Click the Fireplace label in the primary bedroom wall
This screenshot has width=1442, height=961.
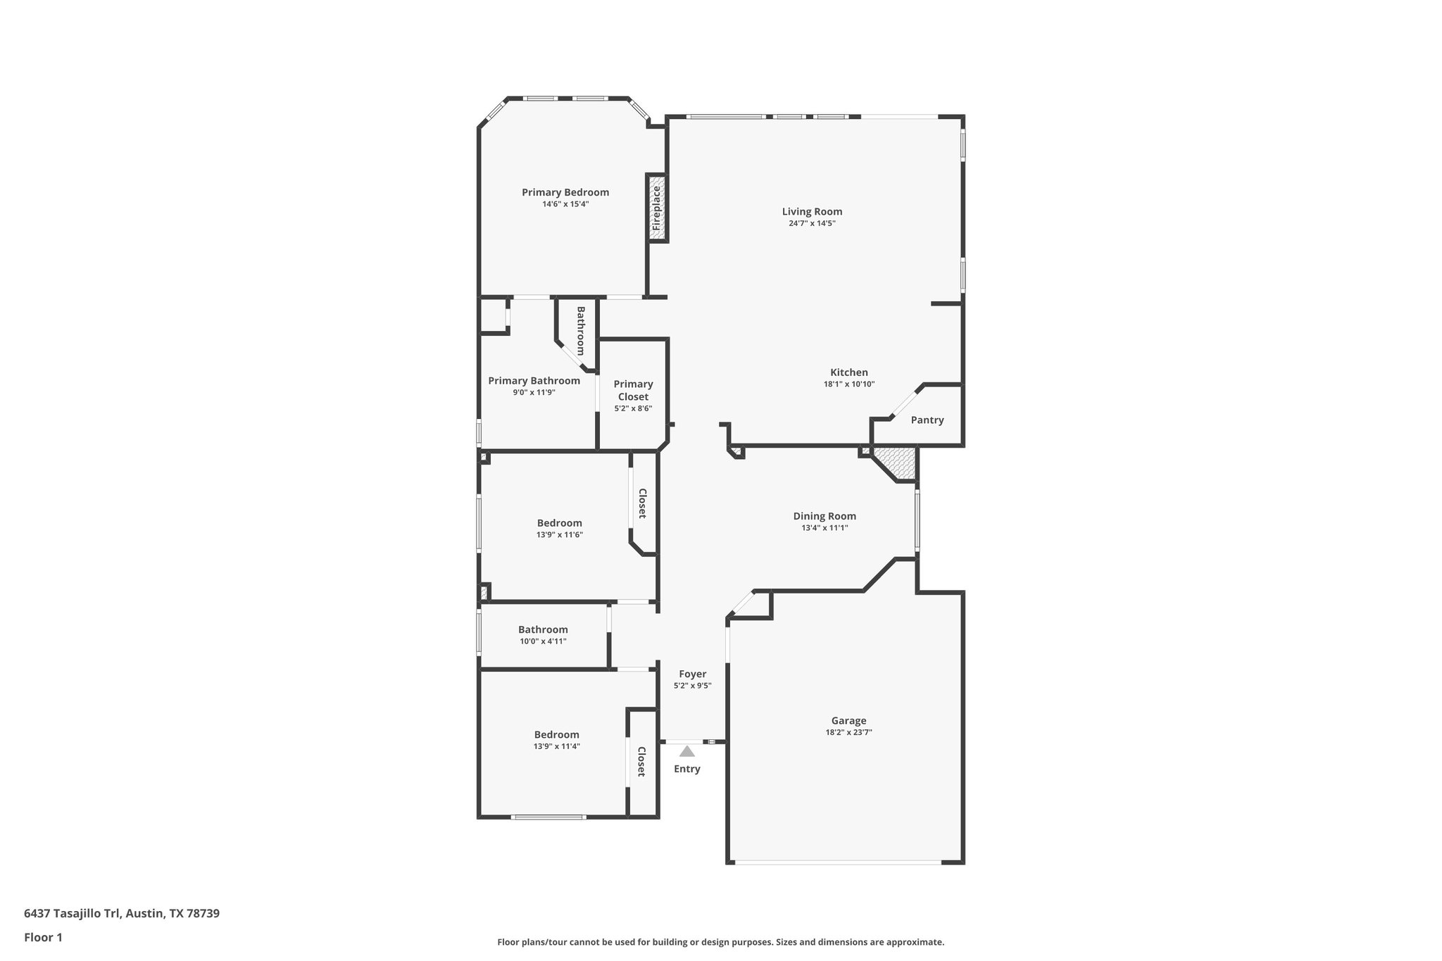[656, 208]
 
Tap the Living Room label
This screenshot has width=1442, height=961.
[812, 211]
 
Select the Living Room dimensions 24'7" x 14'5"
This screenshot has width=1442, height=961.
[812, 223]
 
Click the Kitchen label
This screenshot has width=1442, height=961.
[848, 372]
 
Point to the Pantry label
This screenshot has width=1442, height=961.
[927, 420]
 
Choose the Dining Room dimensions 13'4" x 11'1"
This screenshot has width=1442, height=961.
[825, 527]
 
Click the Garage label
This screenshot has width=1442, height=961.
[848, 720]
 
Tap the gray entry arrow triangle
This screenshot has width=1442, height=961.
[687, 752]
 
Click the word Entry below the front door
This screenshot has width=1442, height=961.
[686, 769]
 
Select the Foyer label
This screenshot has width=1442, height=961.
[692, 674]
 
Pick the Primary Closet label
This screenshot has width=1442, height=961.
[633, 390]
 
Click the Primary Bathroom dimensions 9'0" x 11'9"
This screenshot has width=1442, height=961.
[534, 392]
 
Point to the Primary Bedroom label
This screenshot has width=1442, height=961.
[565, 192]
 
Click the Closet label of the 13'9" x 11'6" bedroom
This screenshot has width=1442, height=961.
[642, 503]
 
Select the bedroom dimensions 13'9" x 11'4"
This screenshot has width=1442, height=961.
[556, 746]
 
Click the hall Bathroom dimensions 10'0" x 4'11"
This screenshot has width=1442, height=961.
[543, 641]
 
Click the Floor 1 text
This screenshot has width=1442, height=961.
[43, 937]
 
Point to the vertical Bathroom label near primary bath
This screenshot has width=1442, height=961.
[581, 330]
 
